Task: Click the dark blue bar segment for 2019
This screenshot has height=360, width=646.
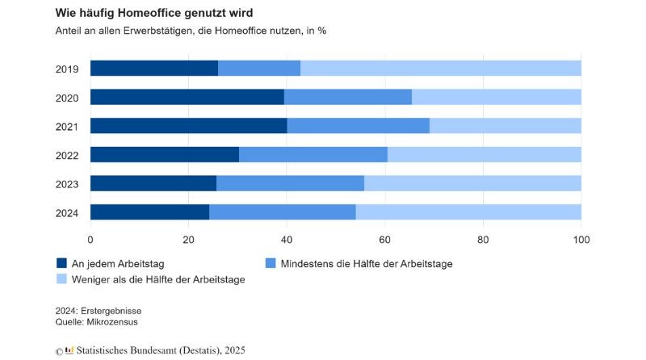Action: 153,68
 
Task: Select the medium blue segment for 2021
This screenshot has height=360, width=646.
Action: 358,126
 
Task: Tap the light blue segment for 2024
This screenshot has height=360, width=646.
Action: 468,212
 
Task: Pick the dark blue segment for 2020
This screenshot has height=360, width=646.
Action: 187,97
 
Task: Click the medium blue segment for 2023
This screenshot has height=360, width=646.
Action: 290,183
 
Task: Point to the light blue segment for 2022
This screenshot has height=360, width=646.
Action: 484,154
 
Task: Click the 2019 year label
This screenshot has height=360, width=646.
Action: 67,69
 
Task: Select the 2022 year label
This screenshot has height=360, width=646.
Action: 67,155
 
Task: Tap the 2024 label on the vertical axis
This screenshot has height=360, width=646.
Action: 67,212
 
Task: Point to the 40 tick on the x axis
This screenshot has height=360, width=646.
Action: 287,239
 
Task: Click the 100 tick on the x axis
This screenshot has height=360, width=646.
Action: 581,239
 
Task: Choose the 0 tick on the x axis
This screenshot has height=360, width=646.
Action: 90,239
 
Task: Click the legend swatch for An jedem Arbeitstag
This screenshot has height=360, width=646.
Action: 61,263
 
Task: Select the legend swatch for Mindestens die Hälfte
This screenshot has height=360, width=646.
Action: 271,263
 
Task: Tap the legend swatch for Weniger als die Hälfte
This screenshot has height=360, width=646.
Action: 61,279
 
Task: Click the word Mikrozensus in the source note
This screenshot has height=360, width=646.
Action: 115,321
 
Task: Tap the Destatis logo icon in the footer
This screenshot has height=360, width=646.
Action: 70,350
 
